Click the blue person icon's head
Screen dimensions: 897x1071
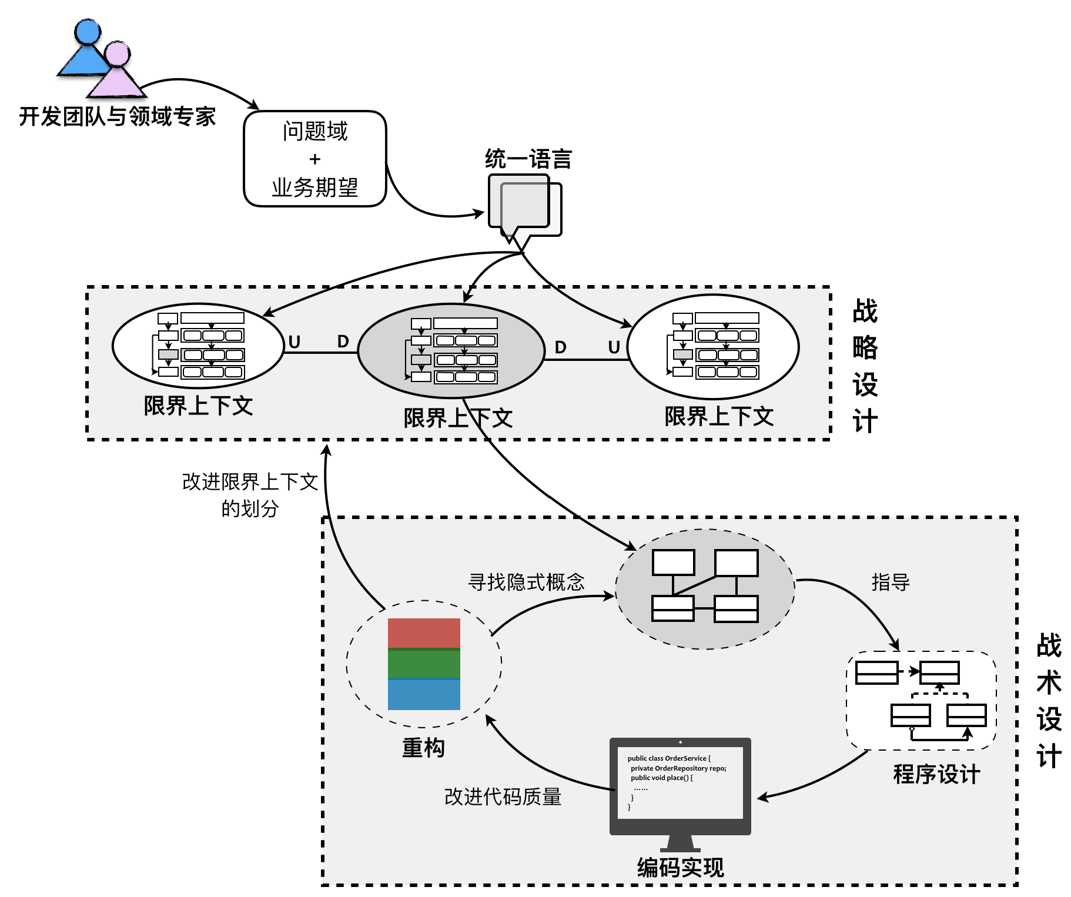(x=88, y=32)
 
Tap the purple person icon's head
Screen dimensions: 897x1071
(x=118, y=54)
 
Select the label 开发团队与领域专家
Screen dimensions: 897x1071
(x=117, y=116)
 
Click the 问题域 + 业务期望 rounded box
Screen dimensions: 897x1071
(x=315, y=159)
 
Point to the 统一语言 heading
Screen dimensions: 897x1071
(x=528, y=159)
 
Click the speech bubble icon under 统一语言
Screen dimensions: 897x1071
(x=523, y=206)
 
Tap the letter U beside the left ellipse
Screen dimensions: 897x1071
(x=294, y=342)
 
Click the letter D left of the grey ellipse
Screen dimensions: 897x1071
(x=343, y=342)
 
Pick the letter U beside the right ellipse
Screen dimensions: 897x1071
(x=614, y=347)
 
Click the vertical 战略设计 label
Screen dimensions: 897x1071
(x=865, y=366)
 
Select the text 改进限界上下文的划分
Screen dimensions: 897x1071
(x=250, y=494)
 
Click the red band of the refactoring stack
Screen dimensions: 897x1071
(x=424, y=633)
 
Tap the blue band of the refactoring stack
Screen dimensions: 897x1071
(x=424, y=695)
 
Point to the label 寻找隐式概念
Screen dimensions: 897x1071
(x=526, y=582)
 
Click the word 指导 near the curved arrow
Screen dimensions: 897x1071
(x=890, y=582)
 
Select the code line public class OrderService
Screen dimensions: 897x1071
(x=668, y=758)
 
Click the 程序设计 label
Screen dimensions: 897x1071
(x=936, y=774)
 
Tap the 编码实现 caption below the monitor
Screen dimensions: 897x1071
(x=680, y=868)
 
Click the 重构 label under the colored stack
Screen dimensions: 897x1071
(x=423, y=748)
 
